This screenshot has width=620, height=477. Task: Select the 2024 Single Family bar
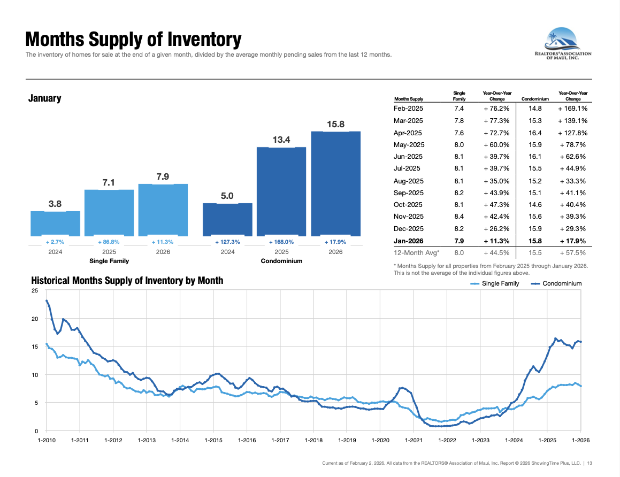[55, 223]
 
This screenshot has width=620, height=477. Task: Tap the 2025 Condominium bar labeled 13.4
[281, 191]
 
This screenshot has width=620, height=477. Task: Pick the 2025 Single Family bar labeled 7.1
[109, 212]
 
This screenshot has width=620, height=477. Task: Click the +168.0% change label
[281, 242]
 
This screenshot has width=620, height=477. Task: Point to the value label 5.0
[227, 196]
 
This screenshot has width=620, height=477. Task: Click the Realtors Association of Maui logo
[563, 45]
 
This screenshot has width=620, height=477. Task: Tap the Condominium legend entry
[562, 283]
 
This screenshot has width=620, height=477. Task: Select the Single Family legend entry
[500, 283]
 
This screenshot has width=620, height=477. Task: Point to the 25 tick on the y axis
[35, 291]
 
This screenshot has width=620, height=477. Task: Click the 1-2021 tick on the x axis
[414, 441]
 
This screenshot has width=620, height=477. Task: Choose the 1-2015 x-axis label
[213, 441]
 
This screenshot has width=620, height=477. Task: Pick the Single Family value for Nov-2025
[458, 216]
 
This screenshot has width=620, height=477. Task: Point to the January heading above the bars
[45, 98]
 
